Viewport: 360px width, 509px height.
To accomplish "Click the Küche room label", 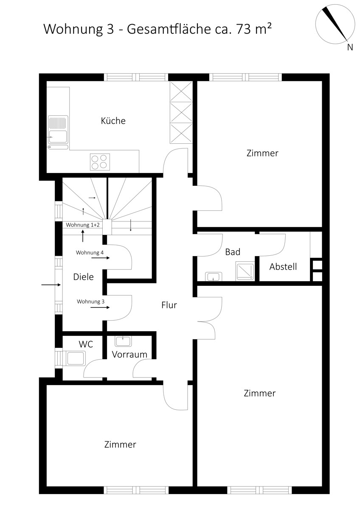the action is [x=113, y=120].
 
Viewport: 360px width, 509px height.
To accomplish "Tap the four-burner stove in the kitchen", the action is [x=100, y=162].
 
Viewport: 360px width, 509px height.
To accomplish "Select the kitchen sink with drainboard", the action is [x=58, y=132].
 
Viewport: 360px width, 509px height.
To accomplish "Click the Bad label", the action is [x=233, y=252].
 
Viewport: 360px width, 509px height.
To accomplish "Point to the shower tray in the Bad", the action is [x=245, y=271].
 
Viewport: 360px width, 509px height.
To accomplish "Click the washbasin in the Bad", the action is [x=214, y=277].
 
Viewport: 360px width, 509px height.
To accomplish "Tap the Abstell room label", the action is [x=283, y=266].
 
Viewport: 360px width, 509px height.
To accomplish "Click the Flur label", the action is [x=169, y=305].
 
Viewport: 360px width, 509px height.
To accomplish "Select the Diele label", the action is [x=83, y=277].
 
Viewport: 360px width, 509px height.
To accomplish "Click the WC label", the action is [x=86, y=344].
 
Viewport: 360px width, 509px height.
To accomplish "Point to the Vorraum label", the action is [x=129, y=355].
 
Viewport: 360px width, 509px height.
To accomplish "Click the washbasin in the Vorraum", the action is [x=123, y=341].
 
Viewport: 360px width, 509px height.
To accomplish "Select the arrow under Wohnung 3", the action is [x=100, y=308].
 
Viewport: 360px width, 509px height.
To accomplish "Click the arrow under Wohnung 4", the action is [x=100, y=258].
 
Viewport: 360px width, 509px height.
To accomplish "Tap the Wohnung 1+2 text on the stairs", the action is [x=82, y=225].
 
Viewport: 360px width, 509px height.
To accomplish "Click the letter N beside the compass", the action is [x=350, y=47].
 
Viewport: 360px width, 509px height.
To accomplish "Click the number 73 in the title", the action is [x=244, y=29].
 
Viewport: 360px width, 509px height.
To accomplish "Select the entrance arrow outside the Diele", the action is [x=51, y=285].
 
